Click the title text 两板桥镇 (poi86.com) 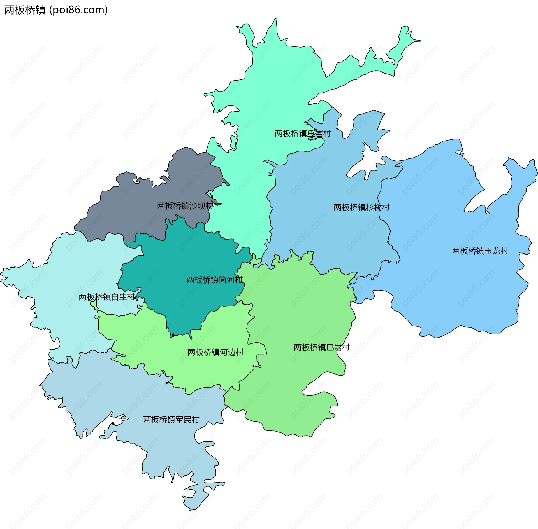tap(56, 10)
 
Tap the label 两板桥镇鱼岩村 tap(303, 134)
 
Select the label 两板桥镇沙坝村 tap(185, 206)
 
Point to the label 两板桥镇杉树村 tap(361, 207)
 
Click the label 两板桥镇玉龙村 tap(480, 251)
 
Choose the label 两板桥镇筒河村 tap(214, 280)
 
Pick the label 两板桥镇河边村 tap(215, 352)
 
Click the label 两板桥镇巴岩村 tap(322, 347)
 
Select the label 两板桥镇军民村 tap(171, 420)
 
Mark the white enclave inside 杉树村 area tap(361, 165)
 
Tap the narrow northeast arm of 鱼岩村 tap(403, 42)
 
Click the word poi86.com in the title tap(78, 10)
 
